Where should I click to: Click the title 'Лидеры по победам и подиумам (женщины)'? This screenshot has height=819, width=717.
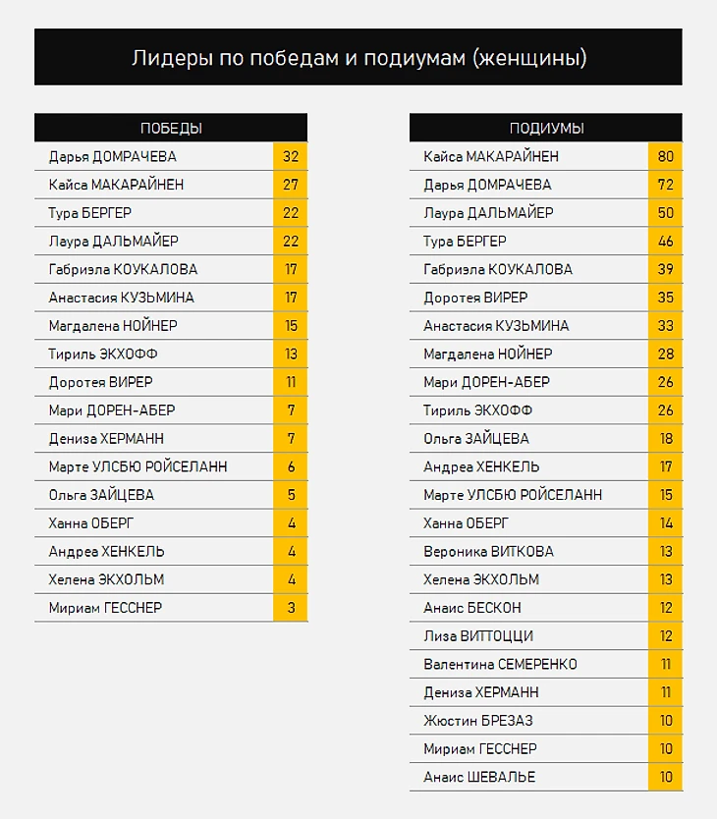click(x=358, y=58)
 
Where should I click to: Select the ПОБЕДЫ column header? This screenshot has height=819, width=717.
click(x=171, y=129)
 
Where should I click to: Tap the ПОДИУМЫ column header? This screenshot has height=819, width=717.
click(x=546, y=129)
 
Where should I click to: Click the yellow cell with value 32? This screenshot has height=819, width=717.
click(x=291, y=157)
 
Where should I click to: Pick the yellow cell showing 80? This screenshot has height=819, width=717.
click(x=666, y=157)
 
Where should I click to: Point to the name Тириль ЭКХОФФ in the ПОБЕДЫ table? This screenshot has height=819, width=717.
click(x=103, y=355)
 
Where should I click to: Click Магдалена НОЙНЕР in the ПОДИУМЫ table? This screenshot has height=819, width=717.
click(x=488, y=355)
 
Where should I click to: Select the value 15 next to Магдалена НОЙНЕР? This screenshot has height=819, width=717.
click(x=291, y=326)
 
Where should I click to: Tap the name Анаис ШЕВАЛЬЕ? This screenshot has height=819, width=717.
click(x=479, y=778)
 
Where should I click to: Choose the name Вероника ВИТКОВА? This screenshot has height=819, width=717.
click(x=488, y=552)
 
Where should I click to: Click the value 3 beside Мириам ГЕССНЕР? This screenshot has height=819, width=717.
click(x=291, y=609)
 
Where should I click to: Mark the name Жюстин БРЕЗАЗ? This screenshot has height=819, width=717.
click(x=478, y=721)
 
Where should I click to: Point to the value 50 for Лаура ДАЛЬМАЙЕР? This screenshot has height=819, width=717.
click(x=666, y=213)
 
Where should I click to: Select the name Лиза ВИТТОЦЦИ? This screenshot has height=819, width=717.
click(x=478, y=636)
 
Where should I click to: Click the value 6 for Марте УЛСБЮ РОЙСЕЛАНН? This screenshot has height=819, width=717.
click(x=291, y=467)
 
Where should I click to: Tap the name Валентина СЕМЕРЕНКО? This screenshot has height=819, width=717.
click(x=500, y=665)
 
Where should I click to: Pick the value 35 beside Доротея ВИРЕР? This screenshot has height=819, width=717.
click(x=666, y=298)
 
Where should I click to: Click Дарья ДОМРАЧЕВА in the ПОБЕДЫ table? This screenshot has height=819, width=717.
click(x=113, y=157)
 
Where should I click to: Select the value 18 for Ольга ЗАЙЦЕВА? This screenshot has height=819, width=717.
click(x=666, y=439)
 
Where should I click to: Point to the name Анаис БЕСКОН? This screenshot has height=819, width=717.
click(x=472, y=609)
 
